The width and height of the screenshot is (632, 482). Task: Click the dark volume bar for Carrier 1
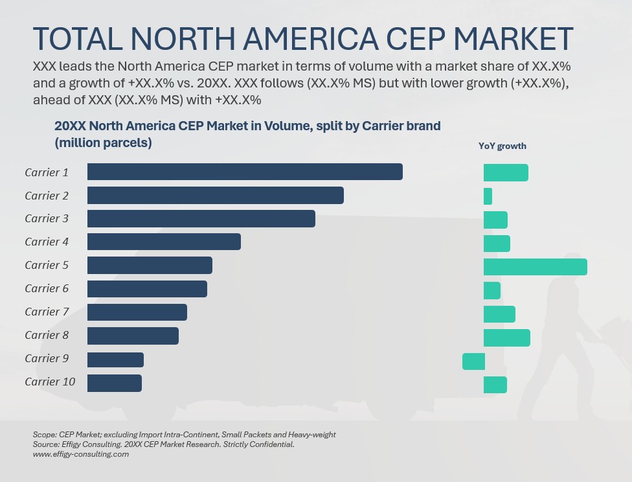(245, 172)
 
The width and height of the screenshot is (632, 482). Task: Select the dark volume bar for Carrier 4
(164, 242)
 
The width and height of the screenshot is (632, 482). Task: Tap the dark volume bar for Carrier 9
(115, 360)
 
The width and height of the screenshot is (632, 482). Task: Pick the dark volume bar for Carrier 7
(137, 312)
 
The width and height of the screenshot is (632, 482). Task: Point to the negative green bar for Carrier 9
(473, 361)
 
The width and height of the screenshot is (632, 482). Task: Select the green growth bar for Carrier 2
(488, 196)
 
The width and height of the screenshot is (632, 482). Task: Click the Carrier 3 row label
(47, 219)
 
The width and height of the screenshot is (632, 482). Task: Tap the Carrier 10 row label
(50, 382)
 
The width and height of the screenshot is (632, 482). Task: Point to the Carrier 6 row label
(47, 289)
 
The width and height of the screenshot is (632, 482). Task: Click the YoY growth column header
(502, 146)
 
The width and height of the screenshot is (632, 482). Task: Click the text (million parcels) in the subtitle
(103, 143)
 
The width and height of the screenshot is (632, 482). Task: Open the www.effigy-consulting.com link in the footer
(80, 454)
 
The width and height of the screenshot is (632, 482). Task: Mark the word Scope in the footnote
(43, 435)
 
